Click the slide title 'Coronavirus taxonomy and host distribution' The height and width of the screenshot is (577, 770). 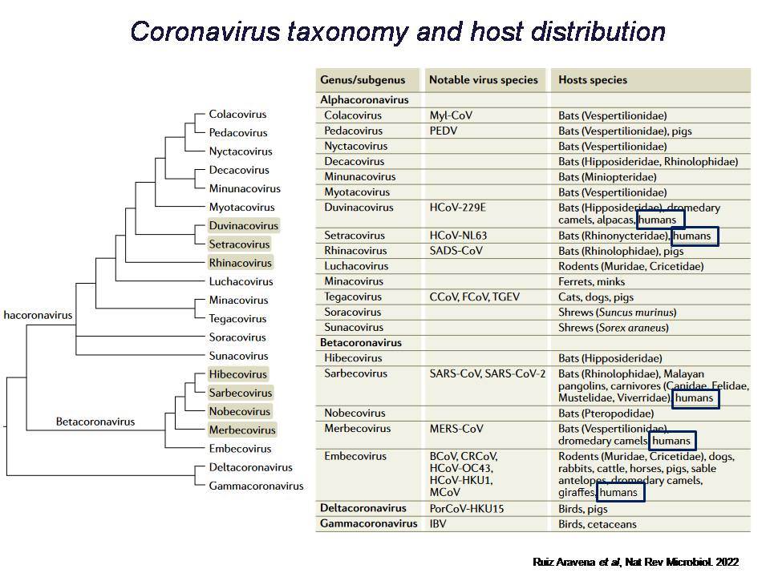tap(398, 31)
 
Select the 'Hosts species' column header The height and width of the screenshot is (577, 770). tap(592, 80)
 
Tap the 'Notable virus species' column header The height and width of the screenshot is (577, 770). tap(483, 80)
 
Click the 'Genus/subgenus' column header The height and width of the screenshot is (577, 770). tap(363, 80)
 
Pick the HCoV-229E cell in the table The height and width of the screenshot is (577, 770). tap(457, 208)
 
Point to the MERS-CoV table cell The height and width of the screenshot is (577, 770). tap(456, 429)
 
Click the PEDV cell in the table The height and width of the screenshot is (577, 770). tap(443, 131)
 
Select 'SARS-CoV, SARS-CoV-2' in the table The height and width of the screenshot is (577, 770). tap(487, 374)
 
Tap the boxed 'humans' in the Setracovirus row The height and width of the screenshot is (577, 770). tap(695, 236)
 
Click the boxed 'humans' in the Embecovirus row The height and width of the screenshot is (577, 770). tap(621, 492)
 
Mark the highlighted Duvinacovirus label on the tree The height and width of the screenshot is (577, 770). tap(244, 226)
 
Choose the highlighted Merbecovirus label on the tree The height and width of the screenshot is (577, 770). tap(242, 430)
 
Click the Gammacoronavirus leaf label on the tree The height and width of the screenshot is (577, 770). tap(256, 486)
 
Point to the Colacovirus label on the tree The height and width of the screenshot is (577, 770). tap(237, 115)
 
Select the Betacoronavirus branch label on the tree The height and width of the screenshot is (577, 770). tap(95, 422)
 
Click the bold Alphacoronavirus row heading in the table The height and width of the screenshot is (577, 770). tap(364, 100)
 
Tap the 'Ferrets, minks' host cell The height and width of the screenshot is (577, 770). tap(591, 281)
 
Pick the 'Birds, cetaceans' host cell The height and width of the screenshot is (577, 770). tap(597, 524)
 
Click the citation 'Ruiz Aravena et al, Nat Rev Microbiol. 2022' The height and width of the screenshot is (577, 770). tap(635, 563)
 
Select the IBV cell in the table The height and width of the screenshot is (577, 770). tap(438, 524)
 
